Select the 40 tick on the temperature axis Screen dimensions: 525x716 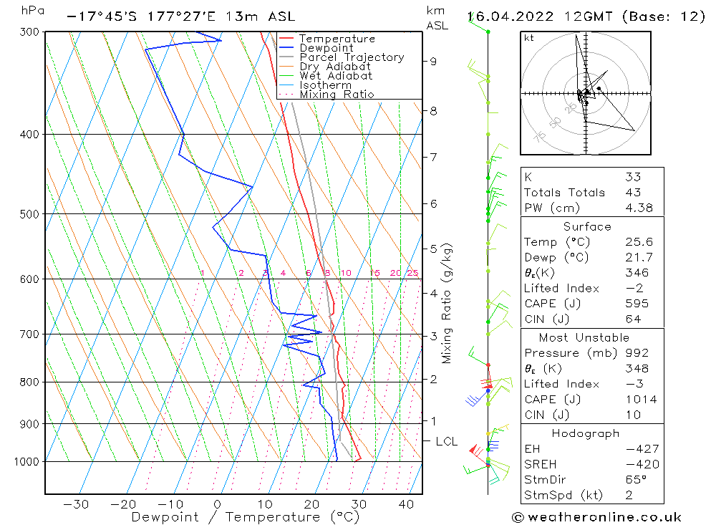tap(406, 504)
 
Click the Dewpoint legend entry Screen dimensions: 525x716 tap(326, 48)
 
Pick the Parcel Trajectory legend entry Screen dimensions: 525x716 tap(352, 57)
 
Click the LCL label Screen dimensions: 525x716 tap(445, 442)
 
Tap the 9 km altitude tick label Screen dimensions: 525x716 tap(433, 62)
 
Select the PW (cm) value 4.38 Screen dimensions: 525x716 tap(633, 208)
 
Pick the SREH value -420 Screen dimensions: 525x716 tap(641, 464)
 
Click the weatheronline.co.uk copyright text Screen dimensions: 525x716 tap(596, 517)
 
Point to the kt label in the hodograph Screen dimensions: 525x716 tap(528, 38)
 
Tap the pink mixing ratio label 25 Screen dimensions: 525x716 tap(412, 273)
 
